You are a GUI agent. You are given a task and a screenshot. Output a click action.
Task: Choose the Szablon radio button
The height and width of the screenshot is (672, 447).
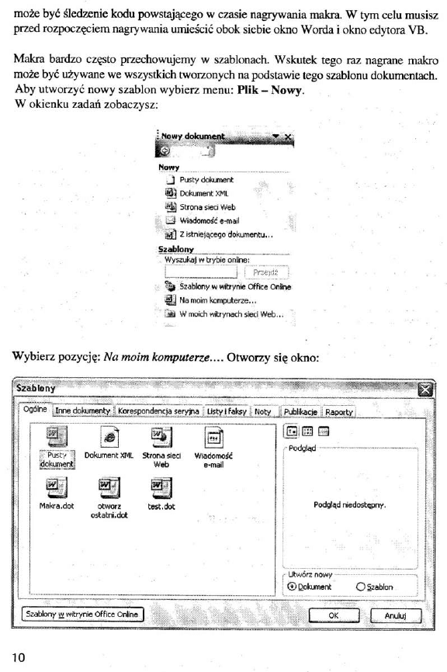click(x=361, y=587)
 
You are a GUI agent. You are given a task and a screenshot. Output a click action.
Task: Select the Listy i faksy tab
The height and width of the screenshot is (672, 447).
click(x=225, y=411)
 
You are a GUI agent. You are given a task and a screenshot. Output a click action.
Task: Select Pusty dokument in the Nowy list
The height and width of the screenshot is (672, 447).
click(x=206, y=179)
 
